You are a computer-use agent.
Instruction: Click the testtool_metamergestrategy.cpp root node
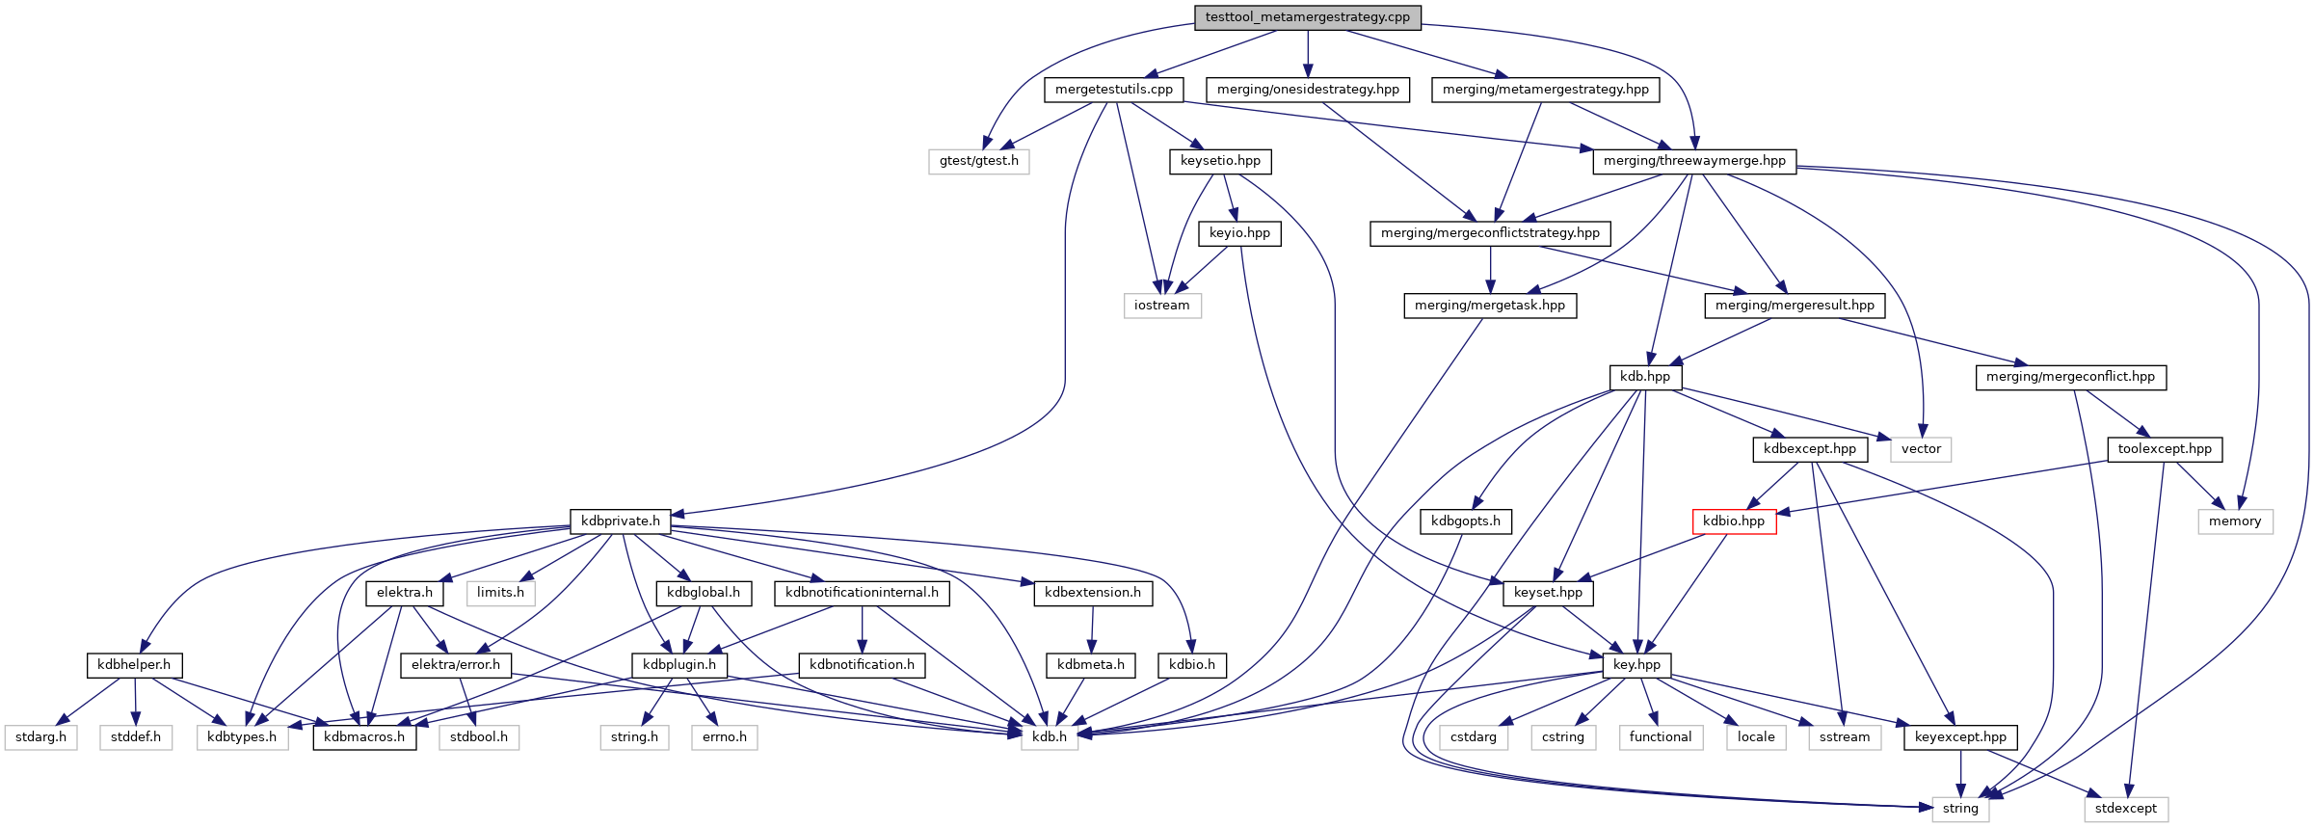click(1307, 17)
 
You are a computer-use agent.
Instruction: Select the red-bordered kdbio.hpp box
click(1734, 521)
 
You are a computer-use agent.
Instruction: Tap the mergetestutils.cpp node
click(1114, 90)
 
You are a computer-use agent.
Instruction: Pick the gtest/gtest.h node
click(979, 161)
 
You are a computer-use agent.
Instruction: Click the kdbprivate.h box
click(621, 521)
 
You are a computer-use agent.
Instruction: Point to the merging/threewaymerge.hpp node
click(1694, 161)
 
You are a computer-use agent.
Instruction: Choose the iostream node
click(1161, 306)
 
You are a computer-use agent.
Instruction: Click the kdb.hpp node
click(1645, 377)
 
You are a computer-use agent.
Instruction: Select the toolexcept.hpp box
click(2165, 449)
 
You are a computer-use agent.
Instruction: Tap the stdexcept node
click(2125, 809)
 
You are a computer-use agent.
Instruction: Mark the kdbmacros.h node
click(364, 737)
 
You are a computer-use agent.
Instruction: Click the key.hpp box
click(1636, 665)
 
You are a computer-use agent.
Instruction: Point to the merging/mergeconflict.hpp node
click(2070, 377)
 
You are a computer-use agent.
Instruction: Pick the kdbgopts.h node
click(1465, 521)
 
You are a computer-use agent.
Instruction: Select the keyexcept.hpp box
click(1960, 737)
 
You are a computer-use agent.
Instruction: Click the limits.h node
click(500, 593)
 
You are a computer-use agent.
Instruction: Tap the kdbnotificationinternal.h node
click(862, 593)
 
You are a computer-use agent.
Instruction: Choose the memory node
click(2235, 521)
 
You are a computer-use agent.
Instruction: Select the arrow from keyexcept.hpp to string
click(1960, 774)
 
